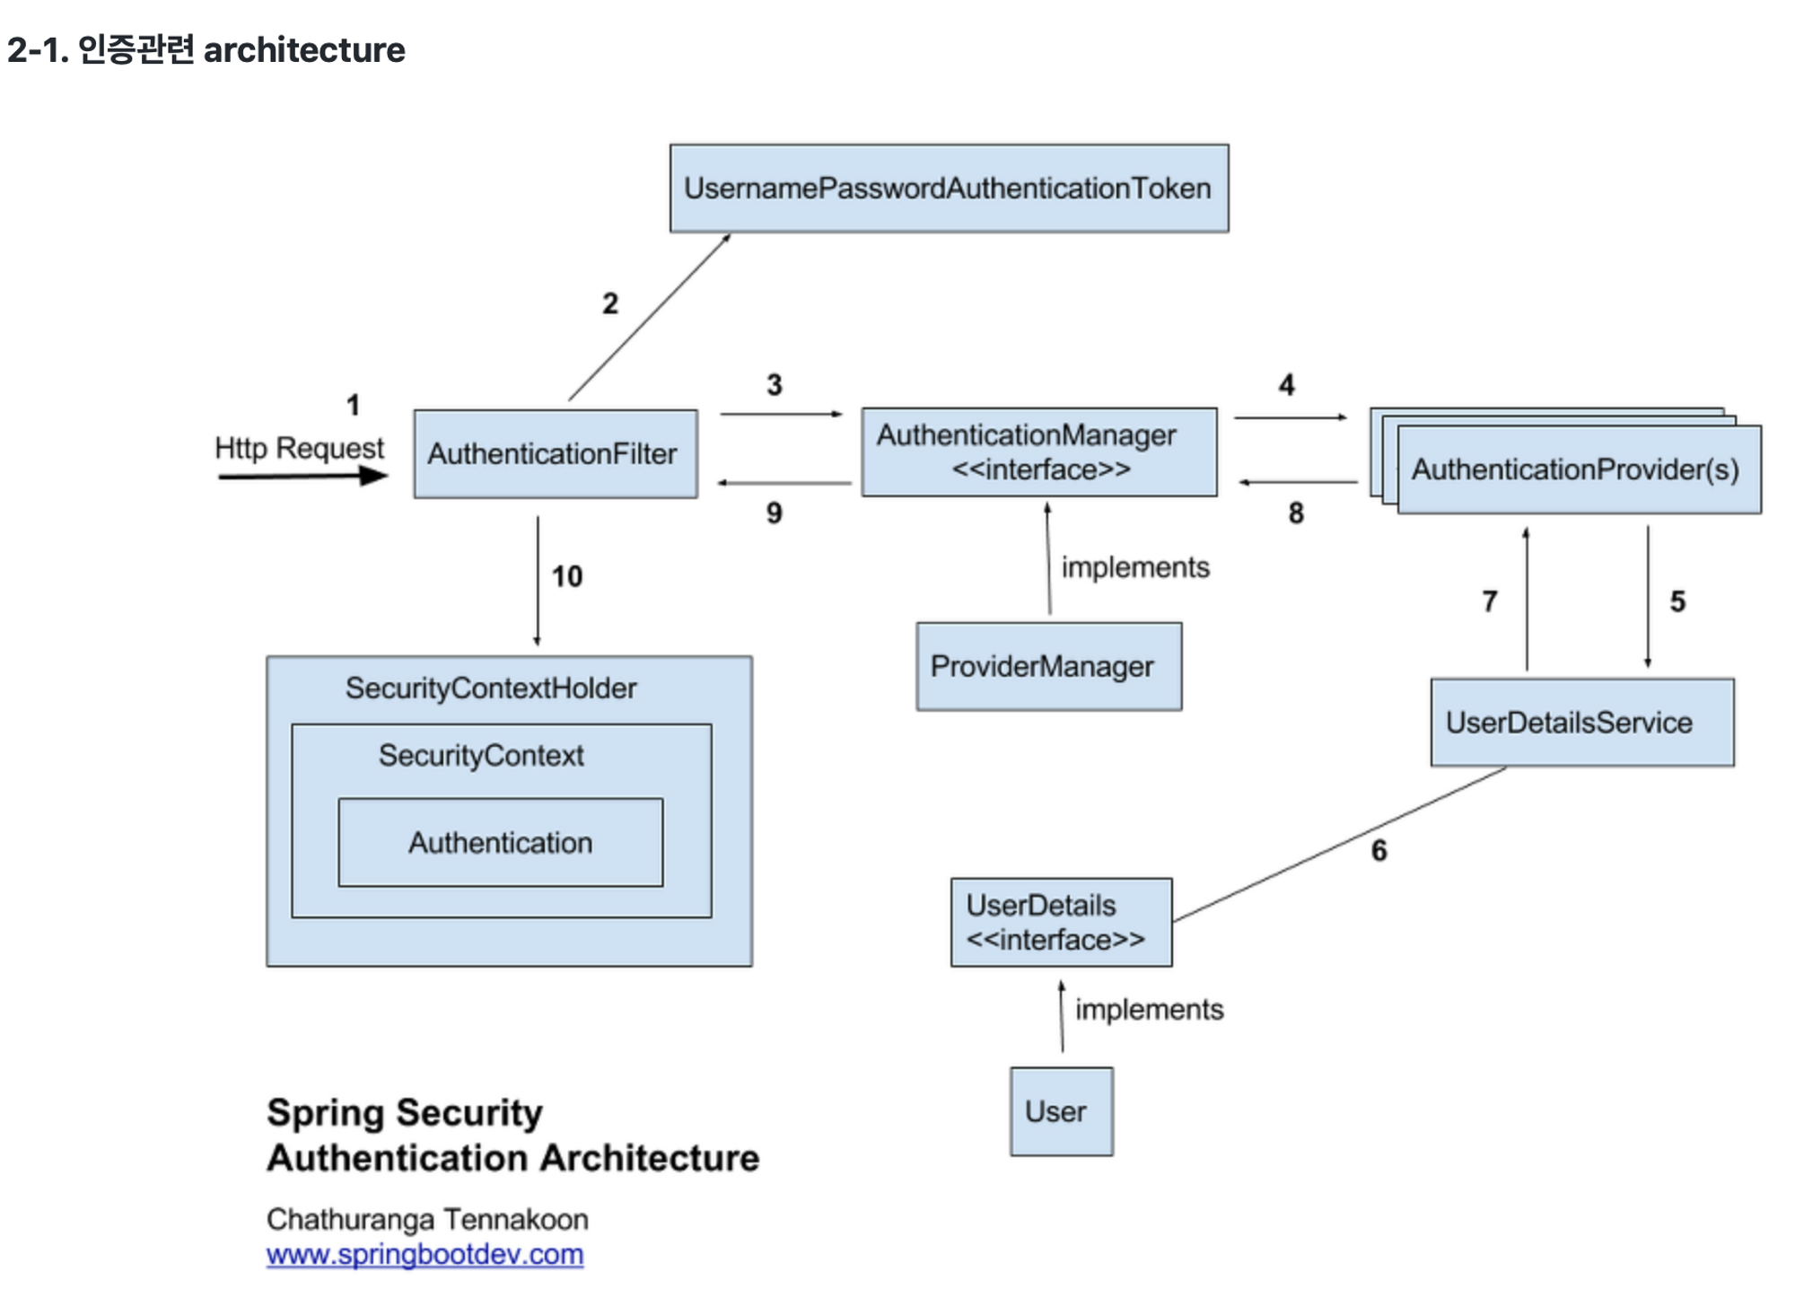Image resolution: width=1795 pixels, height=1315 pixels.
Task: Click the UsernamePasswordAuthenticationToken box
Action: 949,188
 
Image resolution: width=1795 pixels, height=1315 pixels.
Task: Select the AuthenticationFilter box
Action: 555,454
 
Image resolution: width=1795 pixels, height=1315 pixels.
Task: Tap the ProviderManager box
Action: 1048,667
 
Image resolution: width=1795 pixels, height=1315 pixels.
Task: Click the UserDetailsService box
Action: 1581,723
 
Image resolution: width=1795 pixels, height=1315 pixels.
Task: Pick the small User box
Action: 1061,1111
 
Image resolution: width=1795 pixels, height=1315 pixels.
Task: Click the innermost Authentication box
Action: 501,843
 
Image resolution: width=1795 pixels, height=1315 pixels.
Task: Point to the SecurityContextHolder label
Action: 491,688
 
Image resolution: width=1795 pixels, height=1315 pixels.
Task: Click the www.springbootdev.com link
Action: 425,1254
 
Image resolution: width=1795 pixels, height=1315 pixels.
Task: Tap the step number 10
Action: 567,576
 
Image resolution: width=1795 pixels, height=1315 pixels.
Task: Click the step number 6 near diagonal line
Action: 1379,850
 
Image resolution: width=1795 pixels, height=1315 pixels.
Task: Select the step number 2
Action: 610,303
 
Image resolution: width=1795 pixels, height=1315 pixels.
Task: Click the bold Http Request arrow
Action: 302,476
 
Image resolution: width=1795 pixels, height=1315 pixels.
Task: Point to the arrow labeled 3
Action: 780,414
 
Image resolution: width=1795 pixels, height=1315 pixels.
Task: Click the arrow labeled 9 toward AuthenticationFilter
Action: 784,483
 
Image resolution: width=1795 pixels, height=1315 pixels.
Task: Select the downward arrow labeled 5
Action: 1647,597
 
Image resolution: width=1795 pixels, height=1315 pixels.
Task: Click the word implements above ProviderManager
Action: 1135,567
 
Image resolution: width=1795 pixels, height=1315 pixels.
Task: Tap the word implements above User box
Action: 1149,1010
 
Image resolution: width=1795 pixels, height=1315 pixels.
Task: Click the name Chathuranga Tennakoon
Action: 427,1219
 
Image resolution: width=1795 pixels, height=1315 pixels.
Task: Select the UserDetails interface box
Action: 1061,922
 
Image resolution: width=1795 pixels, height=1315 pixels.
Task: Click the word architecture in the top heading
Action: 304,50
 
